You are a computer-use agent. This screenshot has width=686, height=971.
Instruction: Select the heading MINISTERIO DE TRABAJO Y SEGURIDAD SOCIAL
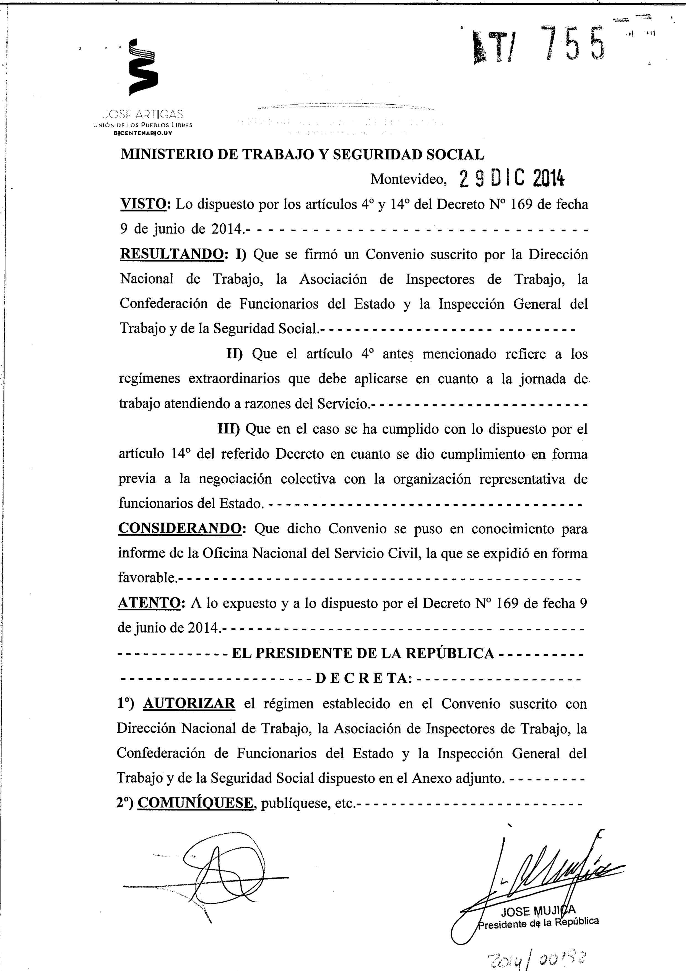302,155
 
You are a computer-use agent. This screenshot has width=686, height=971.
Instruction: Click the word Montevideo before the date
408,180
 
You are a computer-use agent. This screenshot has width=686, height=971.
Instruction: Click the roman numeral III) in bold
229,429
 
